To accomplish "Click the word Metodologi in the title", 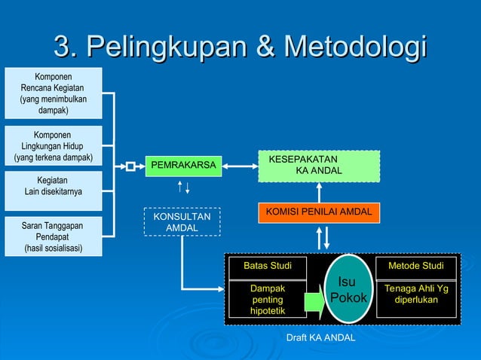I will (352, 46).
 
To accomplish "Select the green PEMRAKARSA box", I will (184, 166).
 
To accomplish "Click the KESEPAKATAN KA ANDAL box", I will (317, 166).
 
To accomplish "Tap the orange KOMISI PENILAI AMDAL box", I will (318, 213).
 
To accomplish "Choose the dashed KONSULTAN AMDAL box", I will (182, 222).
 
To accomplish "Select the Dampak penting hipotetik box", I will (268, 300).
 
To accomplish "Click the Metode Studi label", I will (416, 267).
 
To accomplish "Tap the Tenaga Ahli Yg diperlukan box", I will (416, 294).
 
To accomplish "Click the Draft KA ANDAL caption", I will (320, 337).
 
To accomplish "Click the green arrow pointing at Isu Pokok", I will (314, 302).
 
